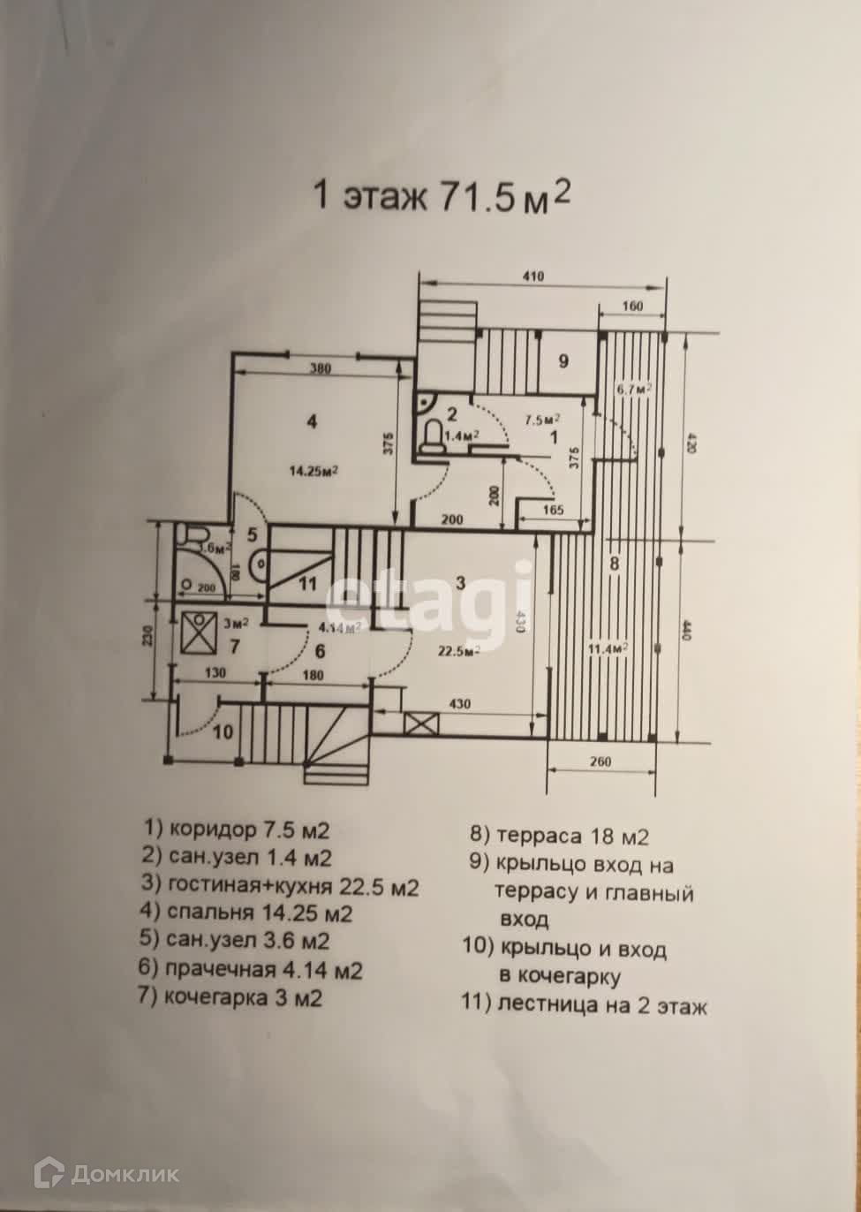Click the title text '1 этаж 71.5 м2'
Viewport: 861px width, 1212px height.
(442, 196)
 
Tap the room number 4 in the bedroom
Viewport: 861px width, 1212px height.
(311, 421)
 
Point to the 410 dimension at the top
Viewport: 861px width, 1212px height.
(532, 276)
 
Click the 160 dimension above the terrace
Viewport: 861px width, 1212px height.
(631, 307)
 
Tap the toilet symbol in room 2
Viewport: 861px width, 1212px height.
(433, 436)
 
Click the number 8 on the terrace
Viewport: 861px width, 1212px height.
(616, 563)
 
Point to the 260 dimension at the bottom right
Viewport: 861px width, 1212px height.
(600, 762)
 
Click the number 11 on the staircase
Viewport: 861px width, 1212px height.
(306, 583)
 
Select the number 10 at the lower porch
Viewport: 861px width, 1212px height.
(223, 732)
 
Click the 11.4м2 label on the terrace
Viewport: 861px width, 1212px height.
(608, 648)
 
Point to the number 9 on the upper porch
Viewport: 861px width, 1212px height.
(563, 360)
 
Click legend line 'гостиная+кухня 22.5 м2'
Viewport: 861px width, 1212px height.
(281, 886)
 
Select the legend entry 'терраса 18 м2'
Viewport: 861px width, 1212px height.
(560, 836)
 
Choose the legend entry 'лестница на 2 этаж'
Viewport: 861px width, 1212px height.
(584, 1005)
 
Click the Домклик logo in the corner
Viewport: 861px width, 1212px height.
(107, 1173)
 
